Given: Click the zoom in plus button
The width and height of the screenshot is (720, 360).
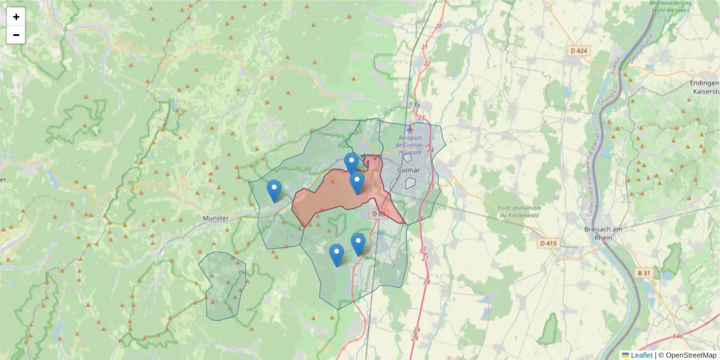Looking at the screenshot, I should (x=16, y=17).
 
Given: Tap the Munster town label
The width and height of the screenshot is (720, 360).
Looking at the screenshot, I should (x=216, y=218).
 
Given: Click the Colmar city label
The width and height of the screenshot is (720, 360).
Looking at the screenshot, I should (x=409, y=170).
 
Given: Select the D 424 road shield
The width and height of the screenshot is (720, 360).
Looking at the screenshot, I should (x=578, y=51).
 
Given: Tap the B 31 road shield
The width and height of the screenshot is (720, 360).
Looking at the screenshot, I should (x=644, y=273).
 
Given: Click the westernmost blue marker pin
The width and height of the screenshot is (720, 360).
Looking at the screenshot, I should (x=274, y=190).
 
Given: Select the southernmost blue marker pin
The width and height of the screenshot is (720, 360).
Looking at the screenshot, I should (x=337, y=254).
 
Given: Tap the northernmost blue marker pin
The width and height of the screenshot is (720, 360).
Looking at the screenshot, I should (x=352, y=163).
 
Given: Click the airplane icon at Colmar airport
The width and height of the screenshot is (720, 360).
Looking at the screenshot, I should (x=410, y=128).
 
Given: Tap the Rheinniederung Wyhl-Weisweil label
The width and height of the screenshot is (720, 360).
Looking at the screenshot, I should (x=670, y=6).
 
